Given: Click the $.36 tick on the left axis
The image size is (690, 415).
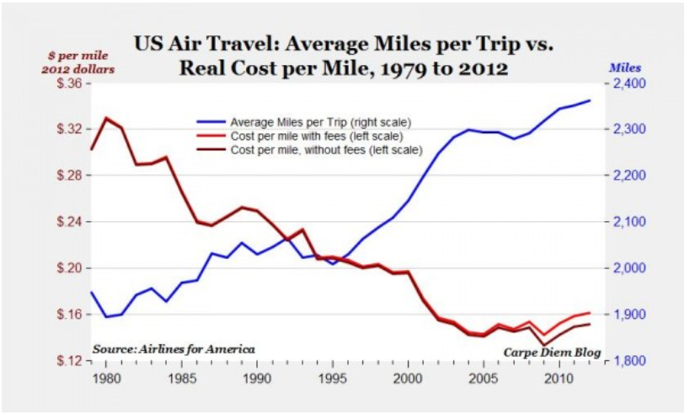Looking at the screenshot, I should (71, 84).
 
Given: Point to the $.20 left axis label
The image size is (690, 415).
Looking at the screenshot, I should (71, 268).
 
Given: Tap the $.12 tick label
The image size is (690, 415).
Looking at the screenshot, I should (71, 361).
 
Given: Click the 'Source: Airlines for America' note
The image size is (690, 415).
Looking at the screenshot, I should (174, 348).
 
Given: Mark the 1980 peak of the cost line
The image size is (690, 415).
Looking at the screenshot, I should (106, 117).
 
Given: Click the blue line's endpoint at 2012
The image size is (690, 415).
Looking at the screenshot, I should (589, 100).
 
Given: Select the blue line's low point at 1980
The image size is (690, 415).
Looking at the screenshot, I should (106, 317).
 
